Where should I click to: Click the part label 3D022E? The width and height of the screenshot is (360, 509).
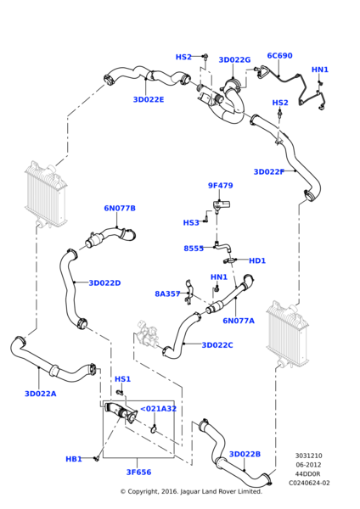click(x=149, y=99)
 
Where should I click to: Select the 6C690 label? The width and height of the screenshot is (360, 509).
click(x=279, y=55)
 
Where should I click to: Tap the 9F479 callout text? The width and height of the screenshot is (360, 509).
click(x=221, y=185)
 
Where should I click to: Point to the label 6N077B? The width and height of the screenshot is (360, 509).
click(x=120, y=208)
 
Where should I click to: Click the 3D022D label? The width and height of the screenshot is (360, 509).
click(x=104, y=283)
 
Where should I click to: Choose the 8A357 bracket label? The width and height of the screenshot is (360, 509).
click(x=167, y=294)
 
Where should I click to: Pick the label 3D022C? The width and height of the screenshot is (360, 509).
click(x=217, y=345)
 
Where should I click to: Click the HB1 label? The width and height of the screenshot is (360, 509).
click(x=74, y=459)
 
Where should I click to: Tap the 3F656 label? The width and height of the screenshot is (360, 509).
click(x=138, y=472)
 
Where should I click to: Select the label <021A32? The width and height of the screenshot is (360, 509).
click(x=158, y=409)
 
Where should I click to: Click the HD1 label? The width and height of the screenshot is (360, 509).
click(x=257, y=260)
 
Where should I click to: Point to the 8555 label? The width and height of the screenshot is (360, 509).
click(x=194, y=249)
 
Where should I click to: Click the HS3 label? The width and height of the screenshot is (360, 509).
click(x=191, y=222)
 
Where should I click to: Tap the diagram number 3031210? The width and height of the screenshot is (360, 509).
click(x=309, y=456)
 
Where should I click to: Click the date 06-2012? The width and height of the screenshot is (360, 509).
click(x=309, y=465)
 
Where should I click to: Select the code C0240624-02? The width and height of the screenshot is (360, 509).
click(x=309, y=483)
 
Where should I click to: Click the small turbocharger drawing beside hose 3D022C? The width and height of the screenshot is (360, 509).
click(x=147, y=334)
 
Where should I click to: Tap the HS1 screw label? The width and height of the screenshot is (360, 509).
click(x=122, y=379)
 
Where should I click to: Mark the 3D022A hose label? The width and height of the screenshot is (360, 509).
click(x=41, y=394)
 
